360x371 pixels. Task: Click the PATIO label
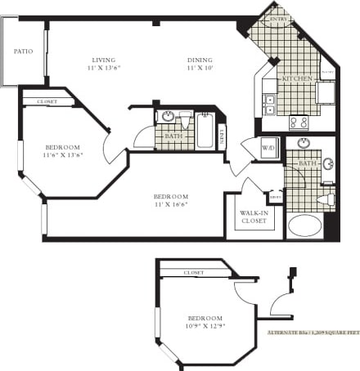[23, 51]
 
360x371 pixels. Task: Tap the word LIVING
[104, 60]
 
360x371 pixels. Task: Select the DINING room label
[200, 60]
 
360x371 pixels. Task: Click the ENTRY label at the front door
[281, 19]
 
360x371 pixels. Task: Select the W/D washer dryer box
[269, 148]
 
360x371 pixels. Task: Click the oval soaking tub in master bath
[304, 226]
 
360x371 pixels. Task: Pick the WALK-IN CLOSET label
[254, 217]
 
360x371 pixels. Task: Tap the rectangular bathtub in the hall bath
[205, 131]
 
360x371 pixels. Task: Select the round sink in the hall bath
[168, 117]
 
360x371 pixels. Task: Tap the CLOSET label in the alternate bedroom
[194, 272]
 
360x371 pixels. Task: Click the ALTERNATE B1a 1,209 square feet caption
[313, 333]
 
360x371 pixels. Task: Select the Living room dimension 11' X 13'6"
[104, 69]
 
